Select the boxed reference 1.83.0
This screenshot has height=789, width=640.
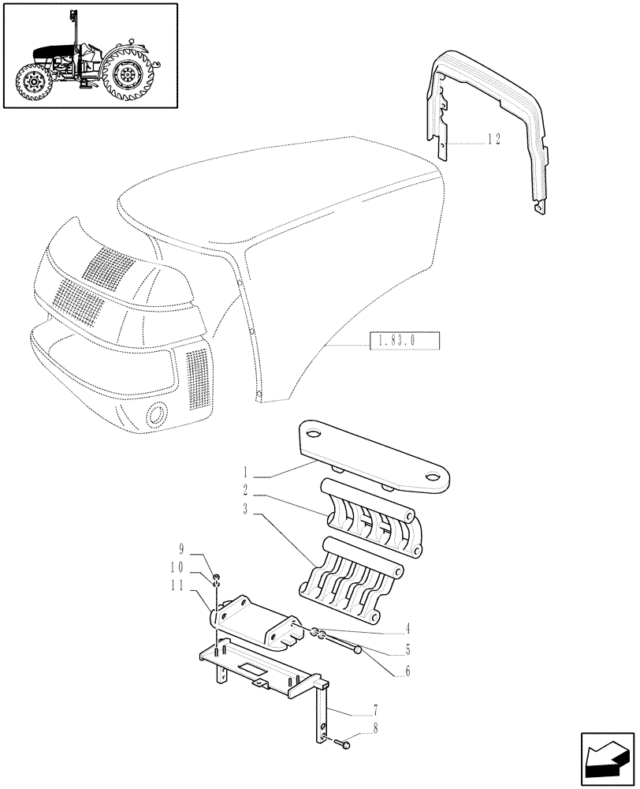coord(403,342)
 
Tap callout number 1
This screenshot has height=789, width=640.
coord(246,474)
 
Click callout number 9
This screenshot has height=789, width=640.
coord(181,548)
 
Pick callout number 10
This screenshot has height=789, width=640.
coord(177,567)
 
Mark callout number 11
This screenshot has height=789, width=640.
coord(177,585)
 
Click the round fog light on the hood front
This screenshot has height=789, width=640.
coord(158,413)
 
